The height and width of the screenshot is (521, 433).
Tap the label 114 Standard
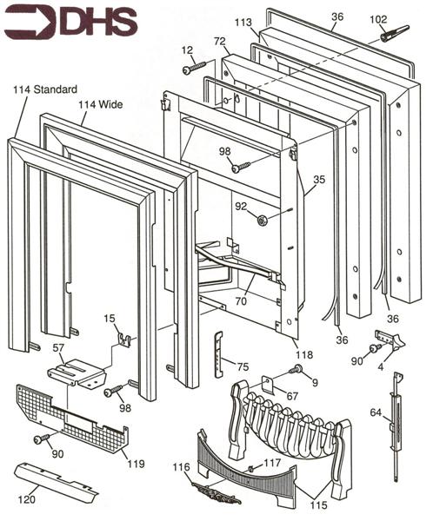click(x=45, y=89)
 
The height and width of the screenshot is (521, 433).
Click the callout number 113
click(x=243, y=23)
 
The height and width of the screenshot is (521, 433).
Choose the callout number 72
click(x=220, y=42)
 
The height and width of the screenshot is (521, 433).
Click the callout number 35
click(x=318, y=180)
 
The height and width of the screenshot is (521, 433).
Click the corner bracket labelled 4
click(x=388, y=339)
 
